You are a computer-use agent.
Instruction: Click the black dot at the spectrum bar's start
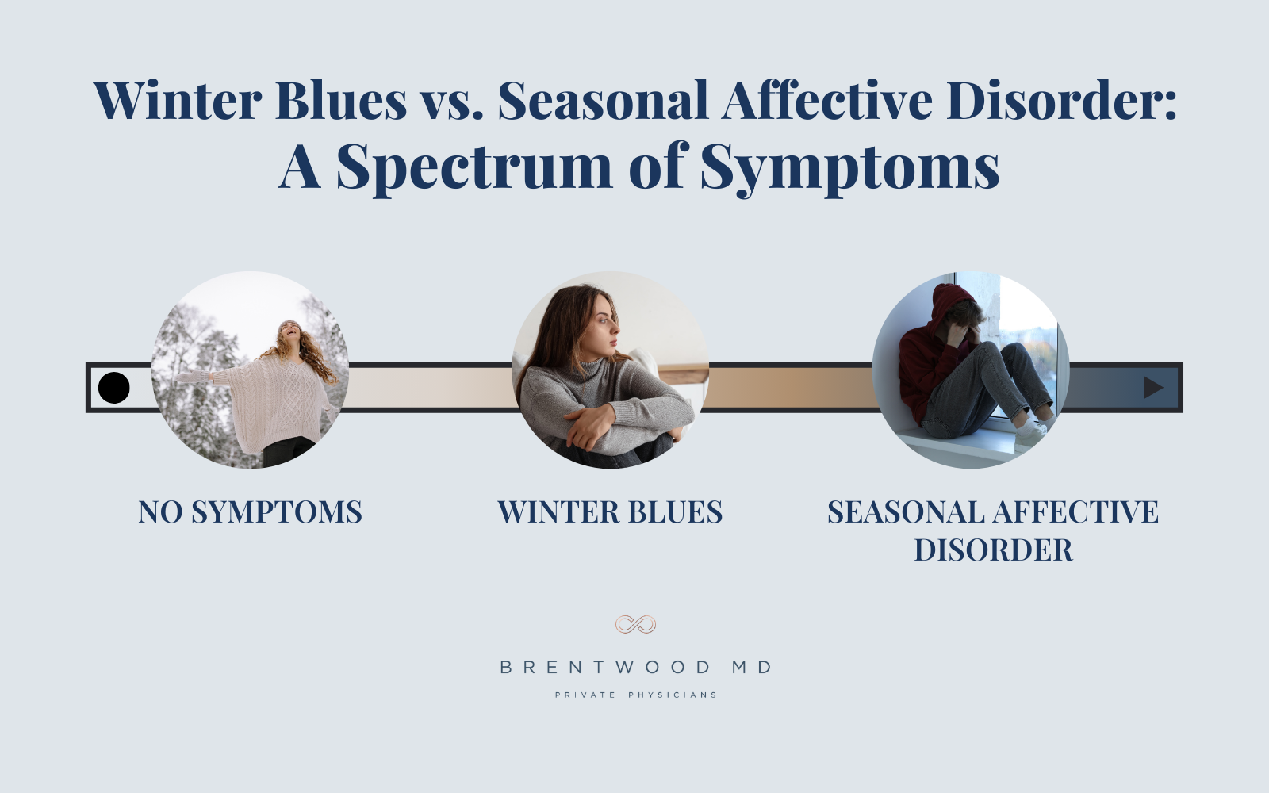(x=114, y=388)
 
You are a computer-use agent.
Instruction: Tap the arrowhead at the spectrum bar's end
(x=1153, y=388)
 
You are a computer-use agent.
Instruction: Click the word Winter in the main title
(x=178, y=101)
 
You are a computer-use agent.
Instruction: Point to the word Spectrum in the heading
(x=474, y=168)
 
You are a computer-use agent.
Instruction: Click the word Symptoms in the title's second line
(x=849, y=168)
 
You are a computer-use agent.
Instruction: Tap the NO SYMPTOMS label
(x=250, y=512)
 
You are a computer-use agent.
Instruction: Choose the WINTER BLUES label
(x=610, y=512)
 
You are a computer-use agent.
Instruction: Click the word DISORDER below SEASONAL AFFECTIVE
(x=993, y=550)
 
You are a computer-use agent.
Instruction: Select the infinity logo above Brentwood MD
(x=635, y=625)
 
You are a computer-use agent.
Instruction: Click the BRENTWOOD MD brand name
(x=635, y=668)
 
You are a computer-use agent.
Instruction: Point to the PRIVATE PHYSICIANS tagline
(x=635, y=695)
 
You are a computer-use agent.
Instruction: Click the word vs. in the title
(x=451, y=101)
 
